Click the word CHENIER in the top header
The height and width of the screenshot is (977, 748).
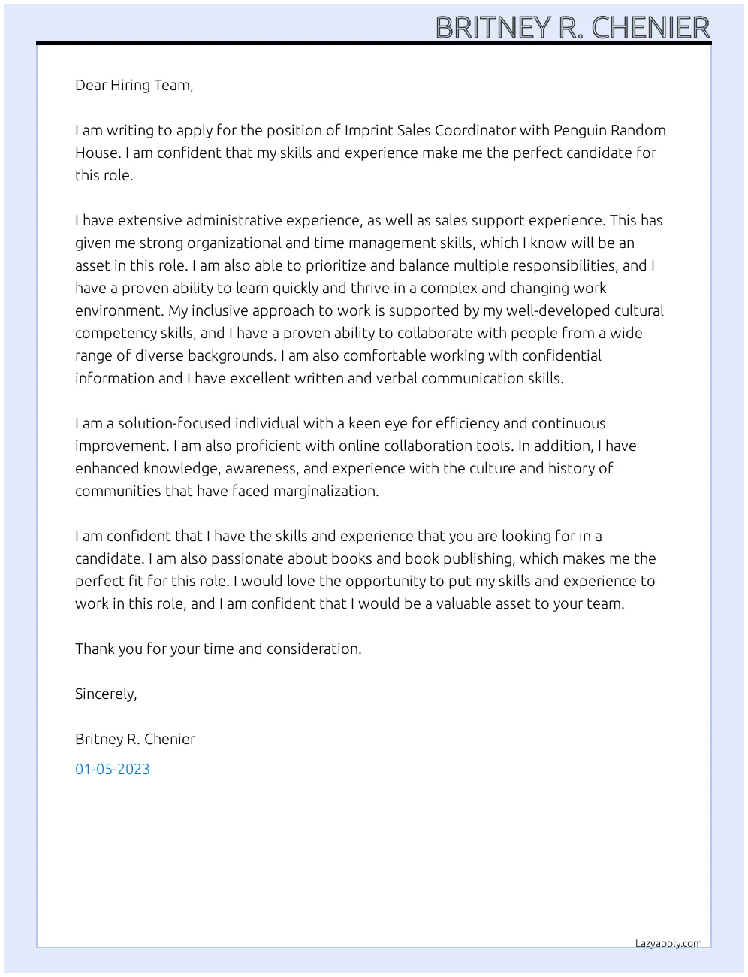[650, 28]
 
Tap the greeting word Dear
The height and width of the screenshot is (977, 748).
[91, 85]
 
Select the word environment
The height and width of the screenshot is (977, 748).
[119, 310]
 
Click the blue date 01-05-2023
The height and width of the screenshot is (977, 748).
[113, 769]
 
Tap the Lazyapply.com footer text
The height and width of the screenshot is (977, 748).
[668, 944]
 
